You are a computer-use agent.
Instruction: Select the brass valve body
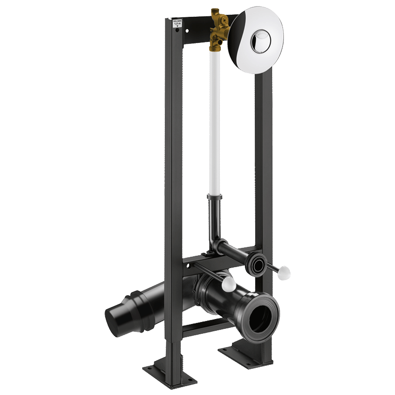pyautogui.click(x=217, y=32)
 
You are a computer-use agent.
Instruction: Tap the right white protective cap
pyautogui.click(x=285, y=273)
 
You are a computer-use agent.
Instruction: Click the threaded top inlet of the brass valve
pyautogui.click(x=215, y=12)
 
